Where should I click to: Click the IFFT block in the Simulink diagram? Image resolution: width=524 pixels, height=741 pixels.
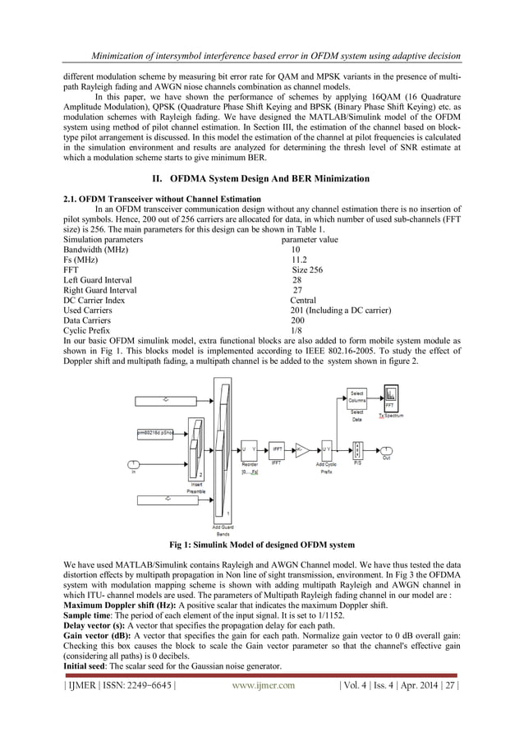[278, 449]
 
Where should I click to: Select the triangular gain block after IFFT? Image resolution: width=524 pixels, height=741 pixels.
[301, 449]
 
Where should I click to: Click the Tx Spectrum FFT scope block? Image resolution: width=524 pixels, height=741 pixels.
[391, 399]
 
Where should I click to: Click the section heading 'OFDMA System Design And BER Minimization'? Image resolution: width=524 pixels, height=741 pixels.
[262, 178]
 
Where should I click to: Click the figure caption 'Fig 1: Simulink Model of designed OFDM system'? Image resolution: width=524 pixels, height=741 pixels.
[262, 545]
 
